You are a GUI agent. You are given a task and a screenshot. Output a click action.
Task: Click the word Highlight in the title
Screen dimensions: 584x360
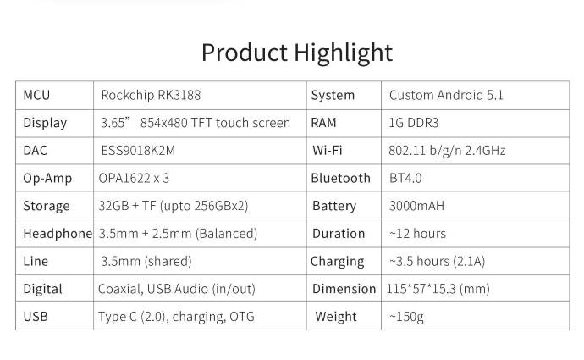344,53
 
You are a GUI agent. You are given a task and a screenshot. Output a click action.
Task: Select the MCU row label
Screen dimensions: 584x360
36,95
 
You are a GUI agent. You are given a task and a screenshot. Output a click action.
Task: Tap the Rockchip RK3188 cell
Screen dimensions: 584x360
151,95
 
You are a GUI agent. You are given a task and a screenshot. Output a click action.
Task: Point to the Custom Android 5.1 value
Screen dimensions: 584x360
446,95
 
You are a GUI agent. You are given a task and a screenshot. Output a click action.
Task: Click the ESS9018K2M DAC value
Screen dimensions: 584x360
138,151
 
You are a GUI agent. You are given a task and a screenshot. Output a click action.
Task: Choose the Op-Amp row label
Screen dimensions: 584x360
47,179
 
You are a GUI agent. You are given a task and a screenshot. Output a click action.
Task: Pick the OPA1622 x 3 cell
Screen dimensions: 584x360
134,178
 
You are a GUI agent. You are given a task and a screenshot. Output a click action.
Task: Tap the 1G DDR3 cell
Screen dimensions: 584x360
414,123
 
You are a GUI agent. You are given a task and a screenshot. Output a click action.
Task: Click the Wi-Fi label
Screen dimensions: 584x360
328,151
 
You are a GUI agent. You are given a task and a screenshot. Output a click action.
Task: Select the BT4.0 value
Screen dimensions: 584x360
405,178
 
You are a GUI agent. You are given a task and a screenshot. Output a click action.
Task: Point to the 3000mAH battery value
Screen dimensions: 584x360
416,206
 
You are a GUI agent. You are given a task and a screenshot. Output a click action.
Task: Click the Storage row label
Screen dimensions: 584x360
47,206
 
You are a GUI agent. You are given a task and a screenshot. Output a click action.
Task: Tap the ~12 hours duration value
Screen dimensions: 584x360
417,234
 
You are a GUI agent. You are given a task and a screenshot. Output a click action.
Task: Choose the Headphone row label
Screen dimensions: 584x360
58,234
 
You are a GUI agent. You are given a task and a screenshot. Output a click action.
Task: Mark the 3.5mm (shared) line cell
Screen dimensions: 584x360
146,261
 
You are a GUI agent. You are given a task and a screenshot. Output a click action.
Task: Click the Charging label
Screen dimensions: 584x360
338,262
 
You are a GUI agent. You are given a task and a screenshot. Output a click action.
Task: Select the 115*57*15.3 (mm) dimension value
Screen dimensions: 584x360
438,289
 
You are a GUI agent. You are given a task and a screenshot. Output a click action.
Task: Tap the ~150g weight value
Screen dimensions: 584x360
406,317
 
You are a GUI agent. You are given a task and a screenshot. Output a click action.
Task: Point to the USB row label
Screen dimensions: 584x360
36,317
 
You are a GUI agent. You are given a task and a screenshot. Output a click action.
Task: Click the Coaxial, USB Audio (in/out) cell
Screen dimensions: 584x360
177,289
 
